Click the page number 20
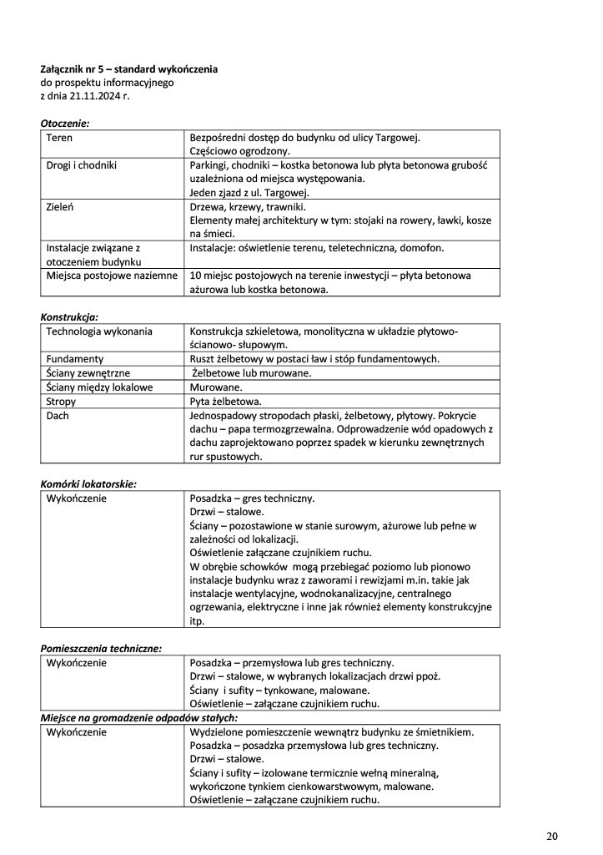[x=552, y=836]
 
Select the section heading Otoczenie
[x=64, y=124]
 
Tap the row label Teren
[x=59, y=137]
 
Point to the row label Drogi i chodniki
[x=81, y=164]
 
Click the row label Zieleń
[x=60, y=206]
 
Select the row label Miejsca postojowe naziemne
[x=112, y=276]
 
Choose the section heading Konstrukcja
[x=69, y=317]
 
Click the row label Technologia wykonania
[x=99, y=331]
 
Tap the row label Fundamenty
[x=75, y=359]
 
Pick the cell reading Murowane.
[x=216, y=387]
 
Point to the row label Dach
[x=58, y=415]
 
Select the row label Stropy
[x=61, y=402]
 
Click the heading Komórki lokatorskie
[x=88, y=483]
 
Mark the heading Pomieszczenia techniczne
[x=101, y=648]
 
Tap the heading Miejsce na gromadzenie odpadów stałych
[x=139, y=717]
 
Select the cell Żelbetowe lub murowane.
[x=252, y=373]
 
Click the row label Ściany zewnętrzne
[x=88, y=373]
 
